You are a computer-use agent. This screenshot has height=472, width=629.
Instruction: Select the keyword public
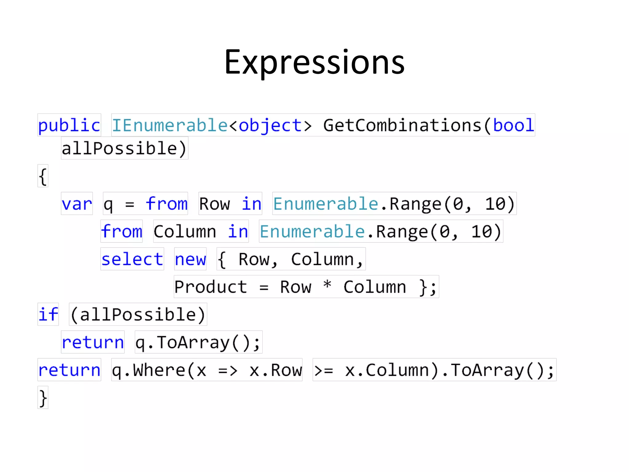69,125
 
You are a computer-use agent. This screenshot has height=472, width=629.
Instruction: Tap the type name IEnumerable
170,125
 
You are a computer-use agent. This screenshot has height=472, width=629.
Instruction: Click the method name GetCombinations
402,125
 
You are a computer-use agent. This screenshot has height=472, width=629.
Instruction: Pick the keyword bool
514,125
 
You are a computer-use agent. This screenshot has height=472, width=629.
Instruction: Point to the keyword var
77,204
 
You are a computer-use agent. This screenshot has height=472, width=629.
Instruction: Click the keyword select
132,259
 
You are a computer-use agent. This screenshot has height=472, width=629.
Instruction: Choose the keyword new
190,259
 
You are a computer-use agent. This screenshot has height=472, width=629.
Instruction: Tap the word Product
211,287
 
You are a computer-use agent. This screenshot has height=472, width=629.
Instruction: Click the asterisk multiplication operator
327,285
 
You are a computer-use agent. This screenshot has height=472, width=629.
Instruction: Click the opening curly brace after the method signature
43,176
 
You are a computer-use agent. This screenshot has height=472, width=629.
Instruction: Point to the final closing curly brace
43,398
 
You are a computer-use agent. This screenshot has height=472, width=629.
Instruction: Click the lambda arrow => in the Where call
228,371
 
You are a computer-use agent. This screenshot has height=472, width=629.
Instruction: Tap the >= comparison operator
324,371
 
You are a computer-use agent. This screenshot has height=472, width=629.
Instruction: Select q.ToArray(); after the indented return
198,342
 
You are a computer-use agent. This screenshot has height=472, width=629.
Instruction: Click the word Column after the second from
185,232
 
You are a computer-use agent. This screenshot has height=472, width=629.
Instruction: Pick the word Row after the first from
214,204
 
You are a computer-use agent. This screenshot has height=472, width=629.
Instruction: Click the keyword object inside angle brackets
270,125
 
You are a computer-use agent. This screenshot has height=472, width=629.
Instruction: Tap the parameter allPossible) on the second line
124,149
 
